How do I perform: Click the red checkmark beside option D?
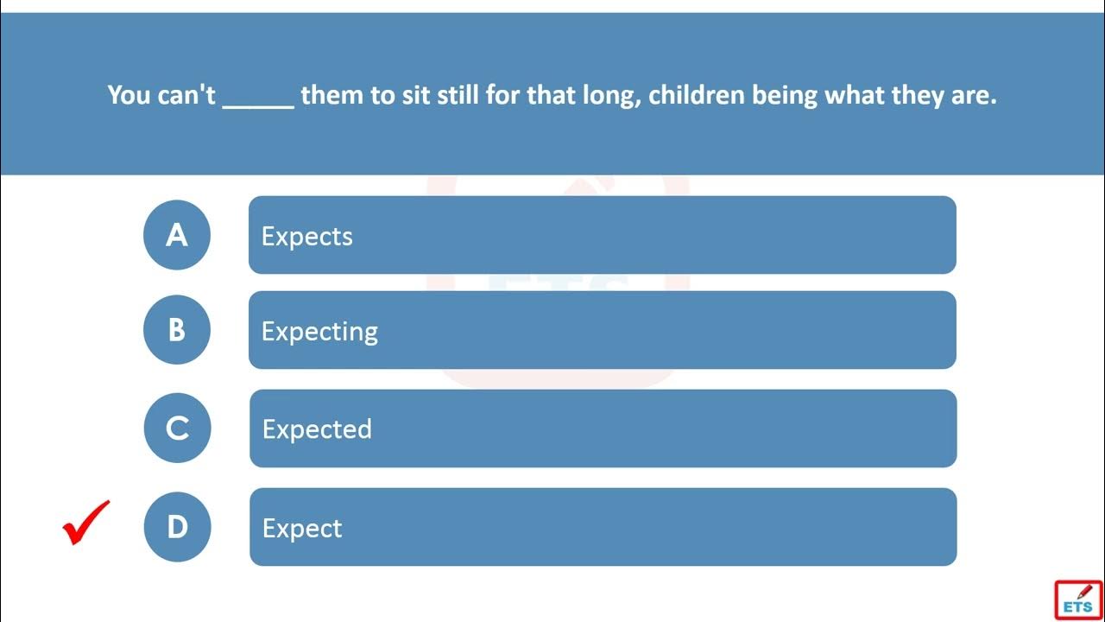[x=85, y=523]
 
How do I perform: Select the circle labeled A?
[x=177, y=235]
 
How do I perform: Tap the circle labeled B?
[x=177, y=330]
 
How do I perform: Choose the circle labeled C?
[x=177, y=428]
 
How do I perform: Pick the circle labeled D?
[x=177, y=527]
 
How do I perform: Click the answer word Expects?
[x=306, y=237]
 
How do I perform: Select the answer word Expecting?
[x=319, y=332]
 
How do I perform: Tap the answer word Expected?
[x=317, y=429]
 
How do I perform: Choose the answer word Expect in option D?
[x=302, y=529]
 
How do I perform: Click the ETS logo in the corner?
[x=1078, y=600]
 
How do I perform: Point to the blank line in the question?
[x=258, y=106]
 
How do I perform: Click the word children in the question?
[x=697, y=94]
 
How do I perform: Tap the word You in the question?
[x=129, y=95]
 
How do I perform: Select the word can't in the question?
[x=186, y=94]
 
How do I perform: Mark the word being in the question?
[x=785, y=96]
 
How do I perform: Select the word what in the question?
[x=855, y=94]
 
